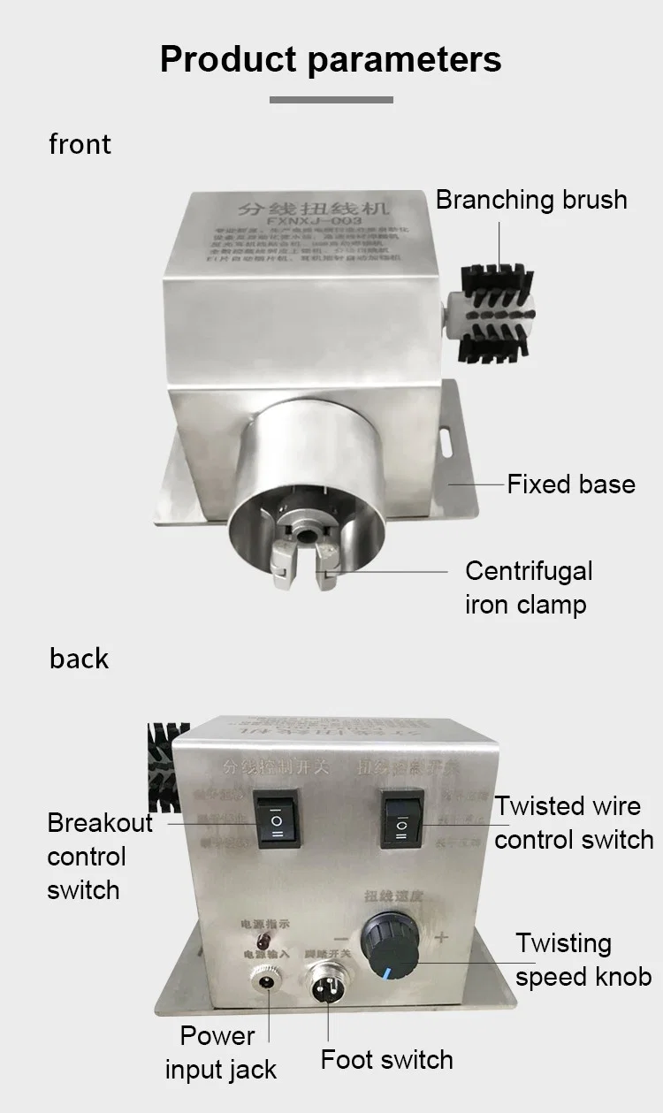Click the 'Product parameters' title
pyautogui.click(x=331, y=59)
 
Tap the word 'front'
pyautogui.click(x=80, y=144)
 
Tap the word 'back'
pyautogui.click(x=79, y=659)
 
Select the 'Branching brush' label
pyautogui.click(x=531, y=200)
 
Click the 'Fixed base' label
pyautogui.click(x=570, y=484)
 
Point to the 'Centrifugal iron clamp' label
pyautogui.click(x=529, y=588)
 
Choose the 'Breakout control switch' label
pyautogui.click(x=99, y=857)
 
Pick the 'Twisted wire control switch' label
pyautogui.click(x=574, y=822)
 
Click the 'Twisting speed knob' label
pyautogui.click(x=583, y=960)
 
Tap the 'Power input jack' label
pyautogui.click(x=220, y=1053)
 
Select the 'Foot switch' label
pyautogui.click(x=386, y=1060)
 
